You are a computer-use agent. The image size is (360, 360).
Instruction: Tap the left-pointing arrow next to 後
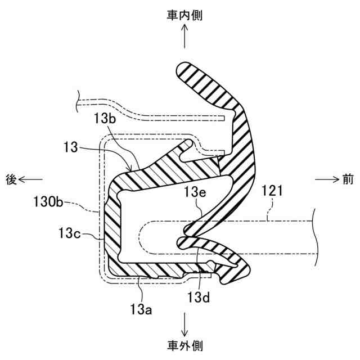(31, 179)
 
